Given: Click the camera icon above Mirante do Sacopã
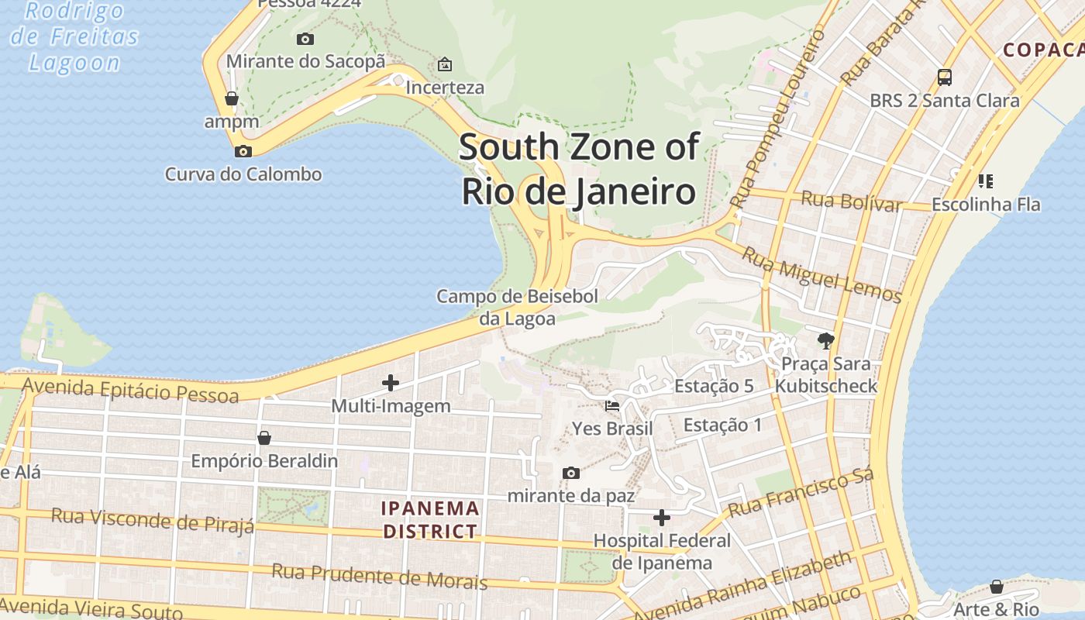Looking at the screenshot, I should (305, 39).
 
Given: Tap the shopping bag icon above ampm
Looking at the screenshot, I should (231, 98).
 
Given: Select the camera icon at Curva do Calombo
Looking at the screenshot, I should (243, 151).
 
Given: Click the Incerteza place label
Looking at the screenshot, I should (445, 88).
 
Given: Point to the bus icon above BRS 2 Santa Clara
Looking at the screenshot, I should (944, 77).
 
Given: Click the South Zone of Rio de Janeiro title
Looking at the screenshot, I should (579, 169).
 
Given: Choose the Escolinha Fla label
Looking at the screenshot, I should (986, 205).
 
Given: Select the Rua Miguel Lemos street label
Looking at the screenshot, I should (821, 274).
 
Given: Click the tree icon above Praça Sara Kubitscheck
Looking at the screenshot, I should (826, 340).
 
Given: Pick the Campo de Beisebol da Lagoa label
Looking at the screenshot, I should (517, 307).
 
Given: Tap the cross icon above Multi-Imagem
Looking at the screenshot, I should (391, 382).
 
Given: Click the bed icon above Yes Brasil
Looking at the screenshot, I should (612, 405).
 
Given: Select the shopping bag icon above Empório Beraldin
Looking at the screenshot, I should (264, 438).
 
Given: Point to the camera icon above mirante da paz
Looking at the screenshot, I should (571, 473).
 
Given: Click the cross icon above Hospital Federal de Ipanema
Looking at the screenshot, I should (662, 517).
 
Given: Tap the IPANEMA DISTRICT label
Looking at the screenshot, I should (430, 520).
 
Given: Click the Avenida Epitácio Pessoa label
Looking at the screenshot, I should (130, 390).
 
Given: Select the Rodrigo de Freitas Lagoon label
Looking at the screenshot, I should (74, 36).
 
